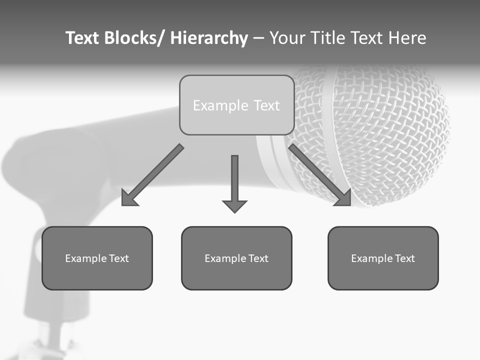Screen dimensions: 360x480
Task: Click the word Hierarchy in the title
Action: [209, 38]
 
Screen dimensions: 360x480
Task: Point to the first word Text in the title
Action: [83, 38]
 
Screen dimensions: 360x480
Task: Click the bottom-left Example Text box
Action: [97, 258]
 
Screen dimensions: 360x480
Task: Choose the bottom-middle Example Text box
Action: [236, 258]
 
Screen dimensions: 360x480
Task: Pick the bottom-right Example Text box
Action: [383, 258]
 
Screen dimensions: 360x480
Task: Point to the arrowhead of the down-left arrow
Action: [128, 199]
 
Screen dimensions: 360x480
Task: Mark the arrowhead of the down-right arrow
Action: [344, 199]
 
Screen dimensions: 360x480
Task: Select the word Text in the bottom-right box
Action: [404, 258]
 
